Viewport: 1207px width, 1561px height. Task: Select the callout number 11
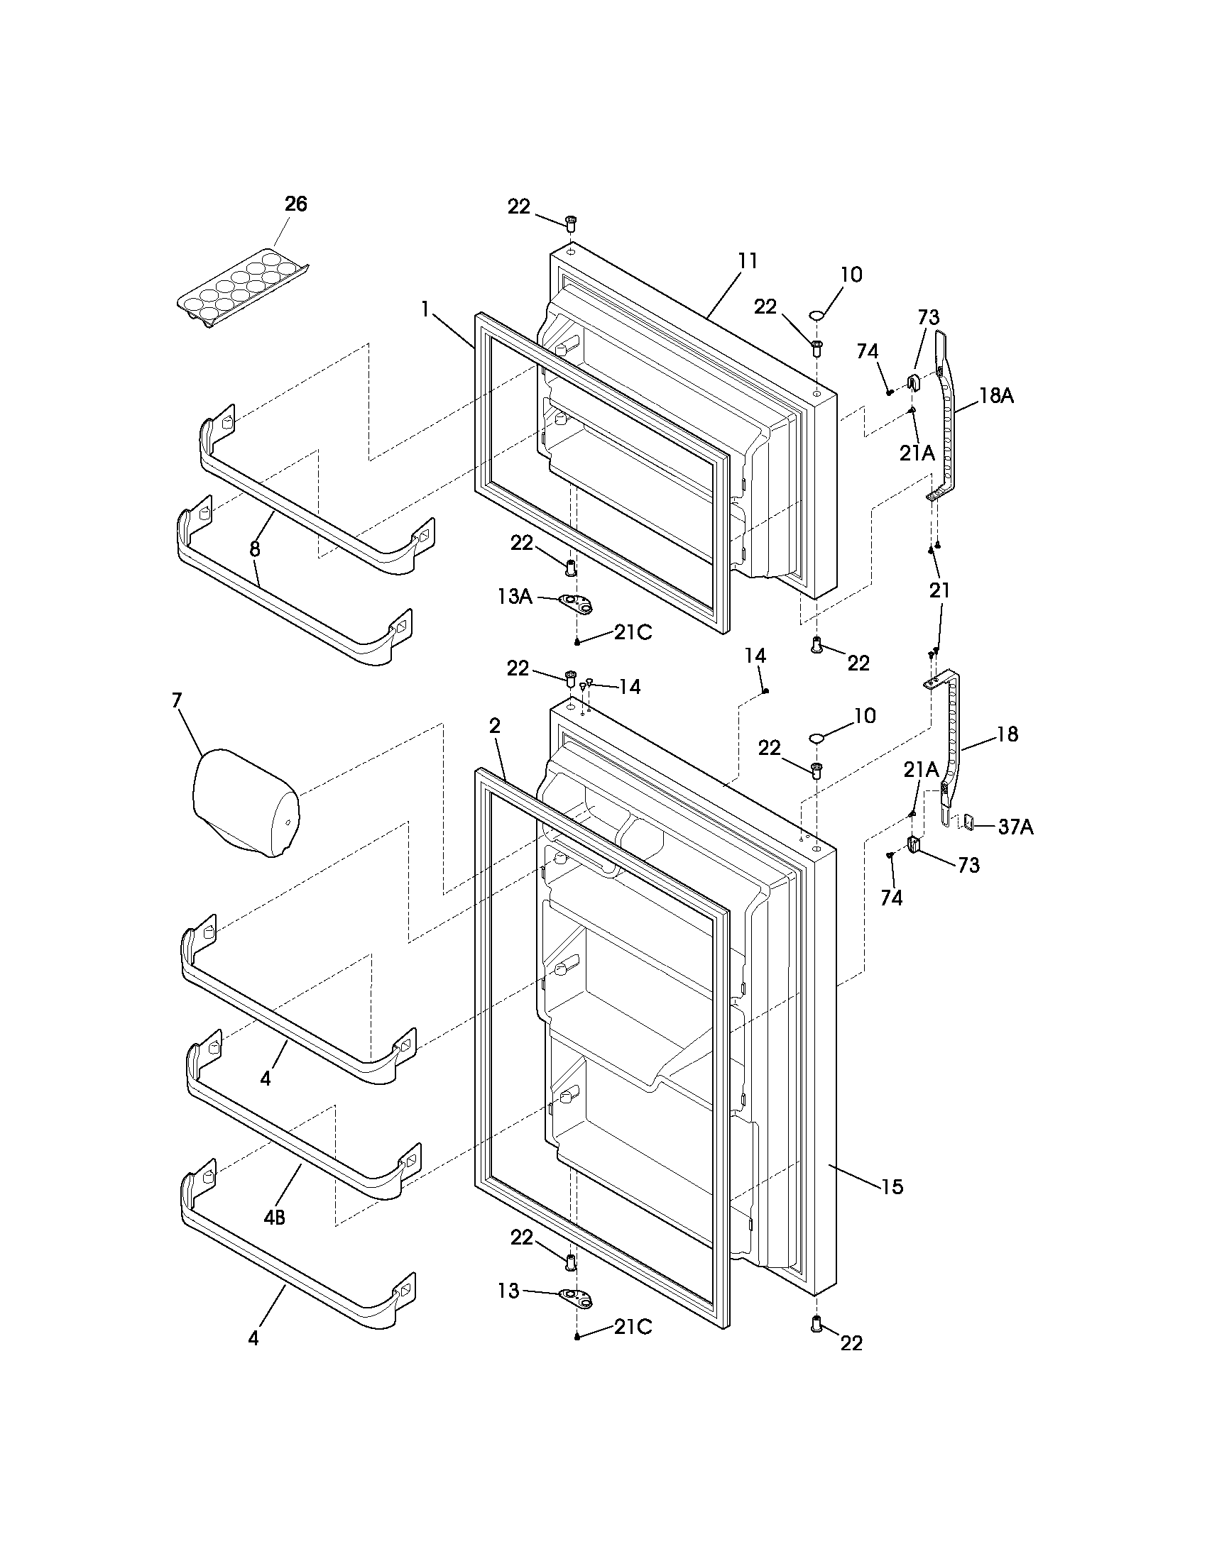pos(747,261)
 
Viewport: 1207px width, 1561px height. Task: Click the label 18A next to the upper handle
pos(996,396)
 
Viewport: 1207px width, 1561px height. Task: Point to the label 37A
pos(1016,827)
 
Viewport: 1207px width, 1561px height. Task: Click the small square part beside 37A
pos(970,822)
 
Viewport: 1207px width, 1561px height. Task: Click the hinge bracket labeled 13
pos(577,1295)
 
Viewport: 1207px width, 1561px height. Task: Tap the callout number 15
pos(892,1186)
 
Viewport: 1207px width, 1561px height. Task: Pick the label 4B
pos(274,1218)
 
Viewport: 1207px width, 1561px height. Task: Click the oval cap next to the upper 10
pos(817,314)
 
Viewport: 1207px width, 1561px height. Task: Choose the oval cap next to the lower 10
pos(817,737)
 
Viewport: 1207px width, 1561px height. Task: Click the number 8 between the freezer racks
pos(255,548)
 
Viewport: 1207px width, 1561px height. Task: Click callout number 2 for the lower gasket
pos(495,726)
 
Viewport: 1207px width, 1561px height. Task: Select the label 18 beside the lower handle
pos(1007,734)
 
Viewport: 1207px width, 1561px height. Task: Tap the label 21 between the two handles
pos(939,590)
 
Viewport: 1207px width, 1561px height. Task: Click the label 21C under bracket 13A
pos(633,632)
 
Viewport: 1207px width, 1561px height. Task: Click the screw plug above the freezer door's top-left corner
pos(571,224)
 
